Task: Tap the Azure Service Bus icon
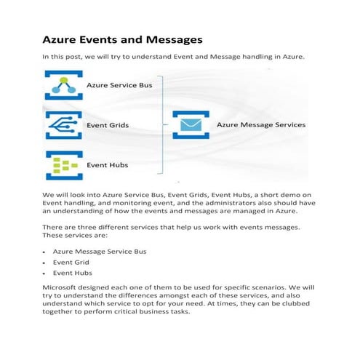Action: click(x=63, y=86)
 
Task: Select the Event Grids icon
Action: click(x=63, y=125)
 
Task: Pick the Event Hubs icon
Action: click(x=63, y=165)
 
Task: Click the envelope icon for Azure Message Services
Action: click(x=191, y=125)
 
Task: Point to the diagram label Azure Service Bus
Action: click(x=119, y=86)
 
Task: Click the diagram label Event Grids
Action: click(x=108, y=125)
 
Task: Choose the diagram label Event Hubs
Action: click(x=108, y=165)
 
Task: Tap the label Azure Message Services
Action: click(x=261, y=125)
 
